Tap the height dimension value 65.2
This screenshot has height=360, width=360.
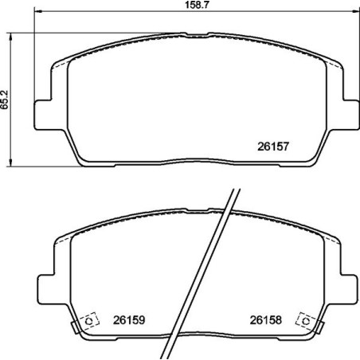7,98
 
